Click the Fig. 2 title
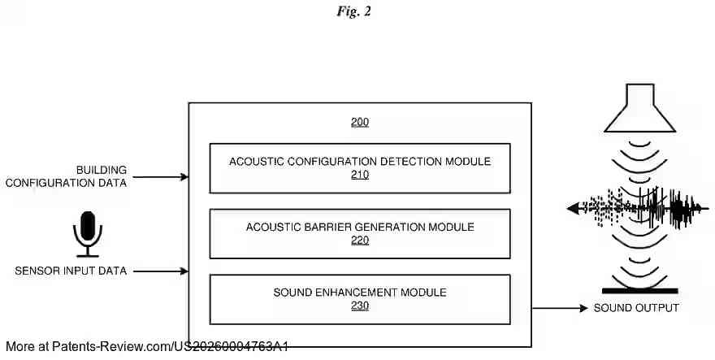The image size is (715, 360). [x=353, y=12]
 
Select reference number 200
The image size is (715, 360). [x=360, y=123]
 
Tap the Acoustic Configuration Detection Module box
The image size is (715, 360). [x=360, y=168]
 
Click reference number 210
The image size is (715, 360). [x=360, y=175]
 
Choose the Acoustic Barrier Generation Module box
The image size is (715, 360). [x=360, y=233]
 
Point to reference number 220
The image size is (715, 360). [x=360, y=240]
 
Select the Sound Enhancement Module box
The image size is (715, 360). [x=360, y=298]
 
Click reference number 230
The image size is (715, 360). [x=360, y=306]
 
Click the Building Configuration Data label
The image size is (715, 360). [x=67, y=176]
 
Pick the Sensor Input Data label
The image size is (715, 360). [x=71, y=271]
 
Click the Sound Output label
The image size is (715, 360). [x=636, y=308]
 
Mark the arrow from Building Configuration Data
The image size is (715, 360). [x=161, y=176]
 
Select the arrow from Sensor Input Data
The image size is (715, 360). [x=161, y=271]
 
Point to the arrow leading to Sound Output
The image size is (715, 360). [x=560, y=308]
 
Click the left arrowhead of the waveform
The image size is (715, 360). [x=572, y=209]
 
